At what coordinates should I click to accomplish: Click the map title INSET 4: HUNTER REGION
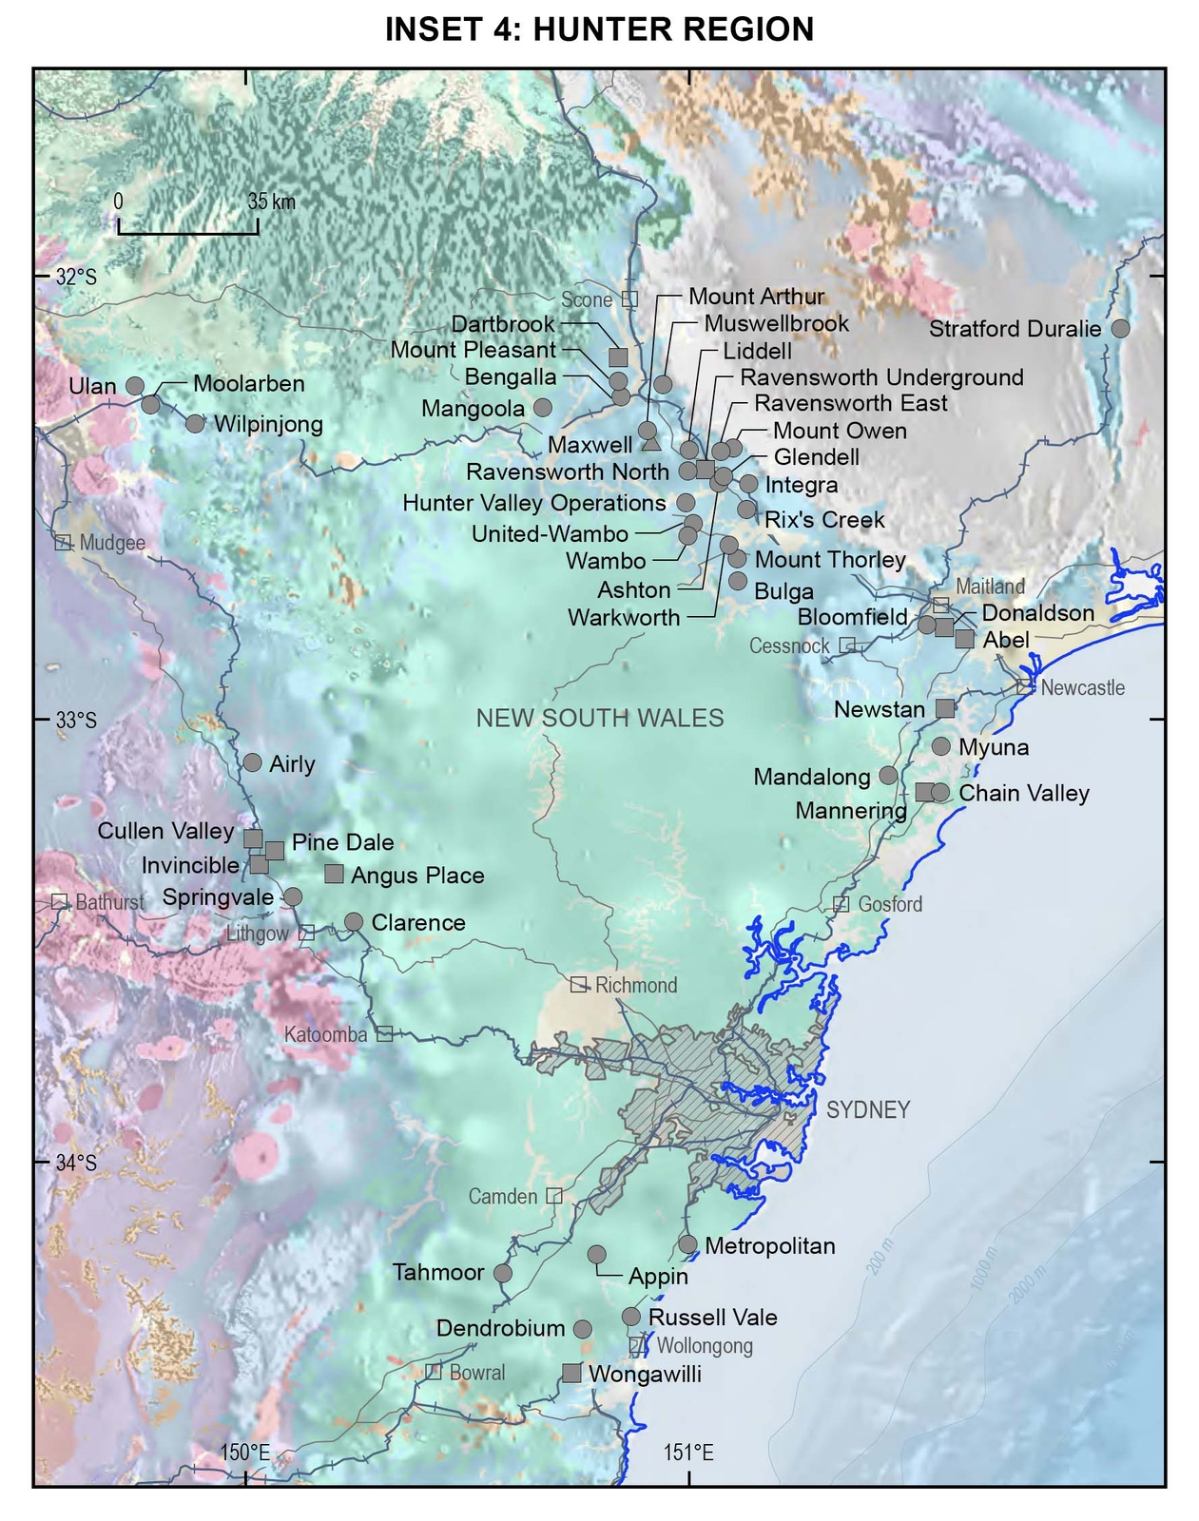pos(599,29)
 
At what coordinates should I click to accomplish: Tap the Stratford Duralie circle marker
pos(1121,328)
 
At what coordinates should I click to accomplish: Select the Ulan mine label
pos(92,386)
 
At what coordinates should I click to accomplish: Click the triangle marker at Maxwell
pos(651,442)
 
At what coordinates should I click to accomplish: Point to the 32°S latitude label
pos(76,277)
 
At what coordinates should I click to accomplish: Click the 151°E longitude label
pos(688,1453)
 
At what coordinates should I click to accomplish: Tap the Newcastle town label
pos(1082,687)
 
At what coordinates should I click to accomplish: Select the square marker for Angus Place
pos(334,874)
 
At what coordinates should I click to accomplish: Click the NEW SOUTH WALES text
pos(600,718)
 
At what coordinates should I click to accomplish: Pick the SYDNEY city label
pos(868,1109)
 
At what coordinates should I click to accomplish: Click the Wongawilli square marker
pos(571,1373)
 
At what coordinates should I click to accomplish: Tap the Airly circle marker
pos(252,762)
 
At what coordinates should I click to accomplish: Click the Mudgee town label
pos(112,543)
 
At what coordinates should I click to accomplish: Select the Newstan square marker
pos(944,708)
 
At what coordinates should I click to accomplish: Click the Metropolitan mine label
pos(770,1245)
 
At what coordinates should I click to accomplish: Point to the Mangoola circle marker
pos(542,407)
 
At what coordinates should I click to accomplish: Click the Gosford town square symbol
pos(841,904)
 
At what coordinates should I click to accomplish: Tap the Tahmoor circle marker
pos(503,1273)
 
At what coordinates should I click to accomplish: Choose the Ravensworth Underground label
pos(881,377)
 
